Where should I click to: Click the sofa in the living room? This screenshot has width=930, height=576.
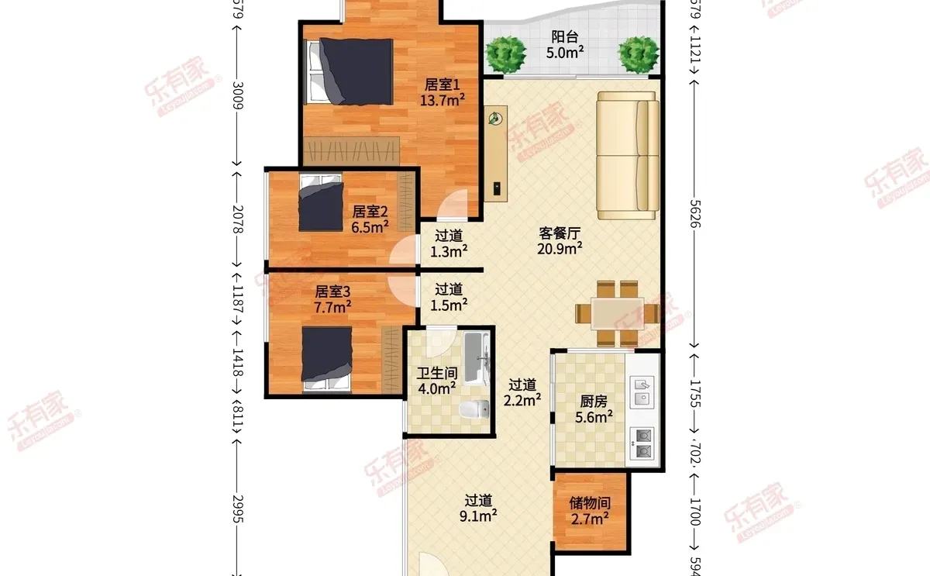pyautogui.click(x=628, y=155)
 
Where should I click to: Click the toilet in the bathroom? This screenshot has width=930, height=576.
pyautogui.click(x=474, y=409)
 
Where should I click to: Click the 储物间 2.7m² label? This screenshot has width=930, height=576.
pyautogui.click(x=590, y=511)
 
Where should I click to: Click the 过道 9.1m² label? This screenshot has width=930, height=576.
pyautogui.click(x=478, y=508)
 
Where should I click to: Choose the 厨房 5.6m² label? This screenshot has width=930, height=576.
pyautogui.click(x=594, y=409)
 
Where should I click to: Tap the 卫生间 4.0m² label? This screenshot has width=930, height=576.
pyautogui.click(x=436, y=381)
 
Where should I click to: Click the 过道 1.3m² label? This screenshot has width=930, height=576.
pyautogui.click(x=449, y=243)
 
